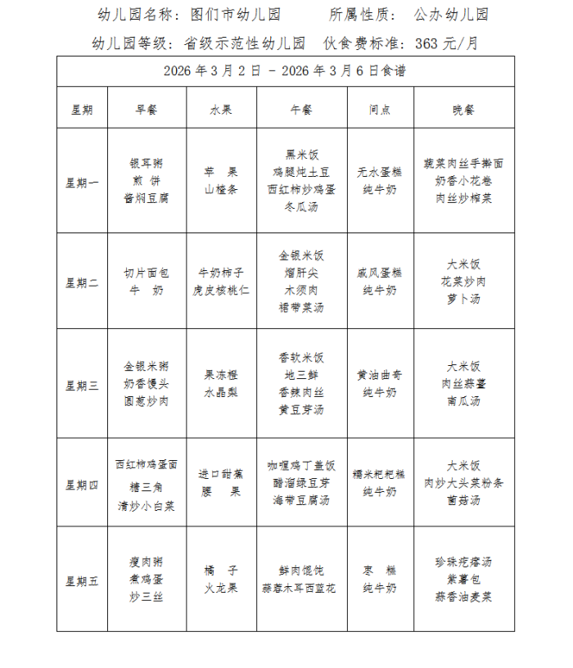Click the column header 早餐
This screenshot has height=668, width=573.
click(x=147, y=110)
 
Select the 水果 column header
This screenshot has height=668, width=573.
click(x=222, y=110)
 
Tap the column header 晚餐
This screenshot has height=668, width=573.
click(x=463, y=110)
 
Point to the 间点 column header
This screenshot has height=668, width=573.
click(x=380, y=110)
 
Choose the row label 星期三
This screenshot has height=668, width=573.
click(x=82, y=385)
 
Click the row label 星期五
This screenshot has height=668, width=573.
click(x=82, y=580)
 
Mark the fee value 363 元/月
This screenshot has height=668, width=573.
click(x=447, y=43)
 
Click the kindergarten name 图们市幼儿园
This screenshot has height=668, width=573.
click(x=235, y=15)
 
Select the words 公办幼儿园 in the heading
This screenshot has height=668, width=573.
click(x=451, y=15)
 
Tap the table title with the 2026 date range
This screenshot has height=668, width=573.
click(x=285, y=72)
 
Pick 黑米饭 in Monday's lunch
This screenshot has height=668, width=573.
click(x=301, y=155)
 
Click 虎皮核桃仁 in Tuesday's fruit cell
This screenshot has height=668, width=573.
click(x=221, y=291)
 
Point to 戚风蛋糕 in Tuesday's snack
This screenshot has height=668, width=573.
click(x=380, y=273)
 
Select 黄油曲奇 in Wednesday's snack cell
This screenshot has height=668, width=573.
click(x=380, y=375)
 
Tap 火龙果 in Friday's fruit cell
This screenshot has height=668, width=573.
click(x=221, y=588)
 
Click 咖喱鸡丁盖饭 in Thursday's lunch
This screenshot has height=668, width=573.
click(x=301, y=465)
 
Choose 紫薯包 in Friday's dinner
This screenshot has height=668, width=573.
click(x=463, y=580)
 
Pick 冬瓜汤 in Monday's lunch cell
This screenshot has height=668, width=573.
click(x=301, y=207)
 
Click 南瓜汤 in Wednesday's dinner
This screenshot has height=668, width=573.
click(x=463, y=401)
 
